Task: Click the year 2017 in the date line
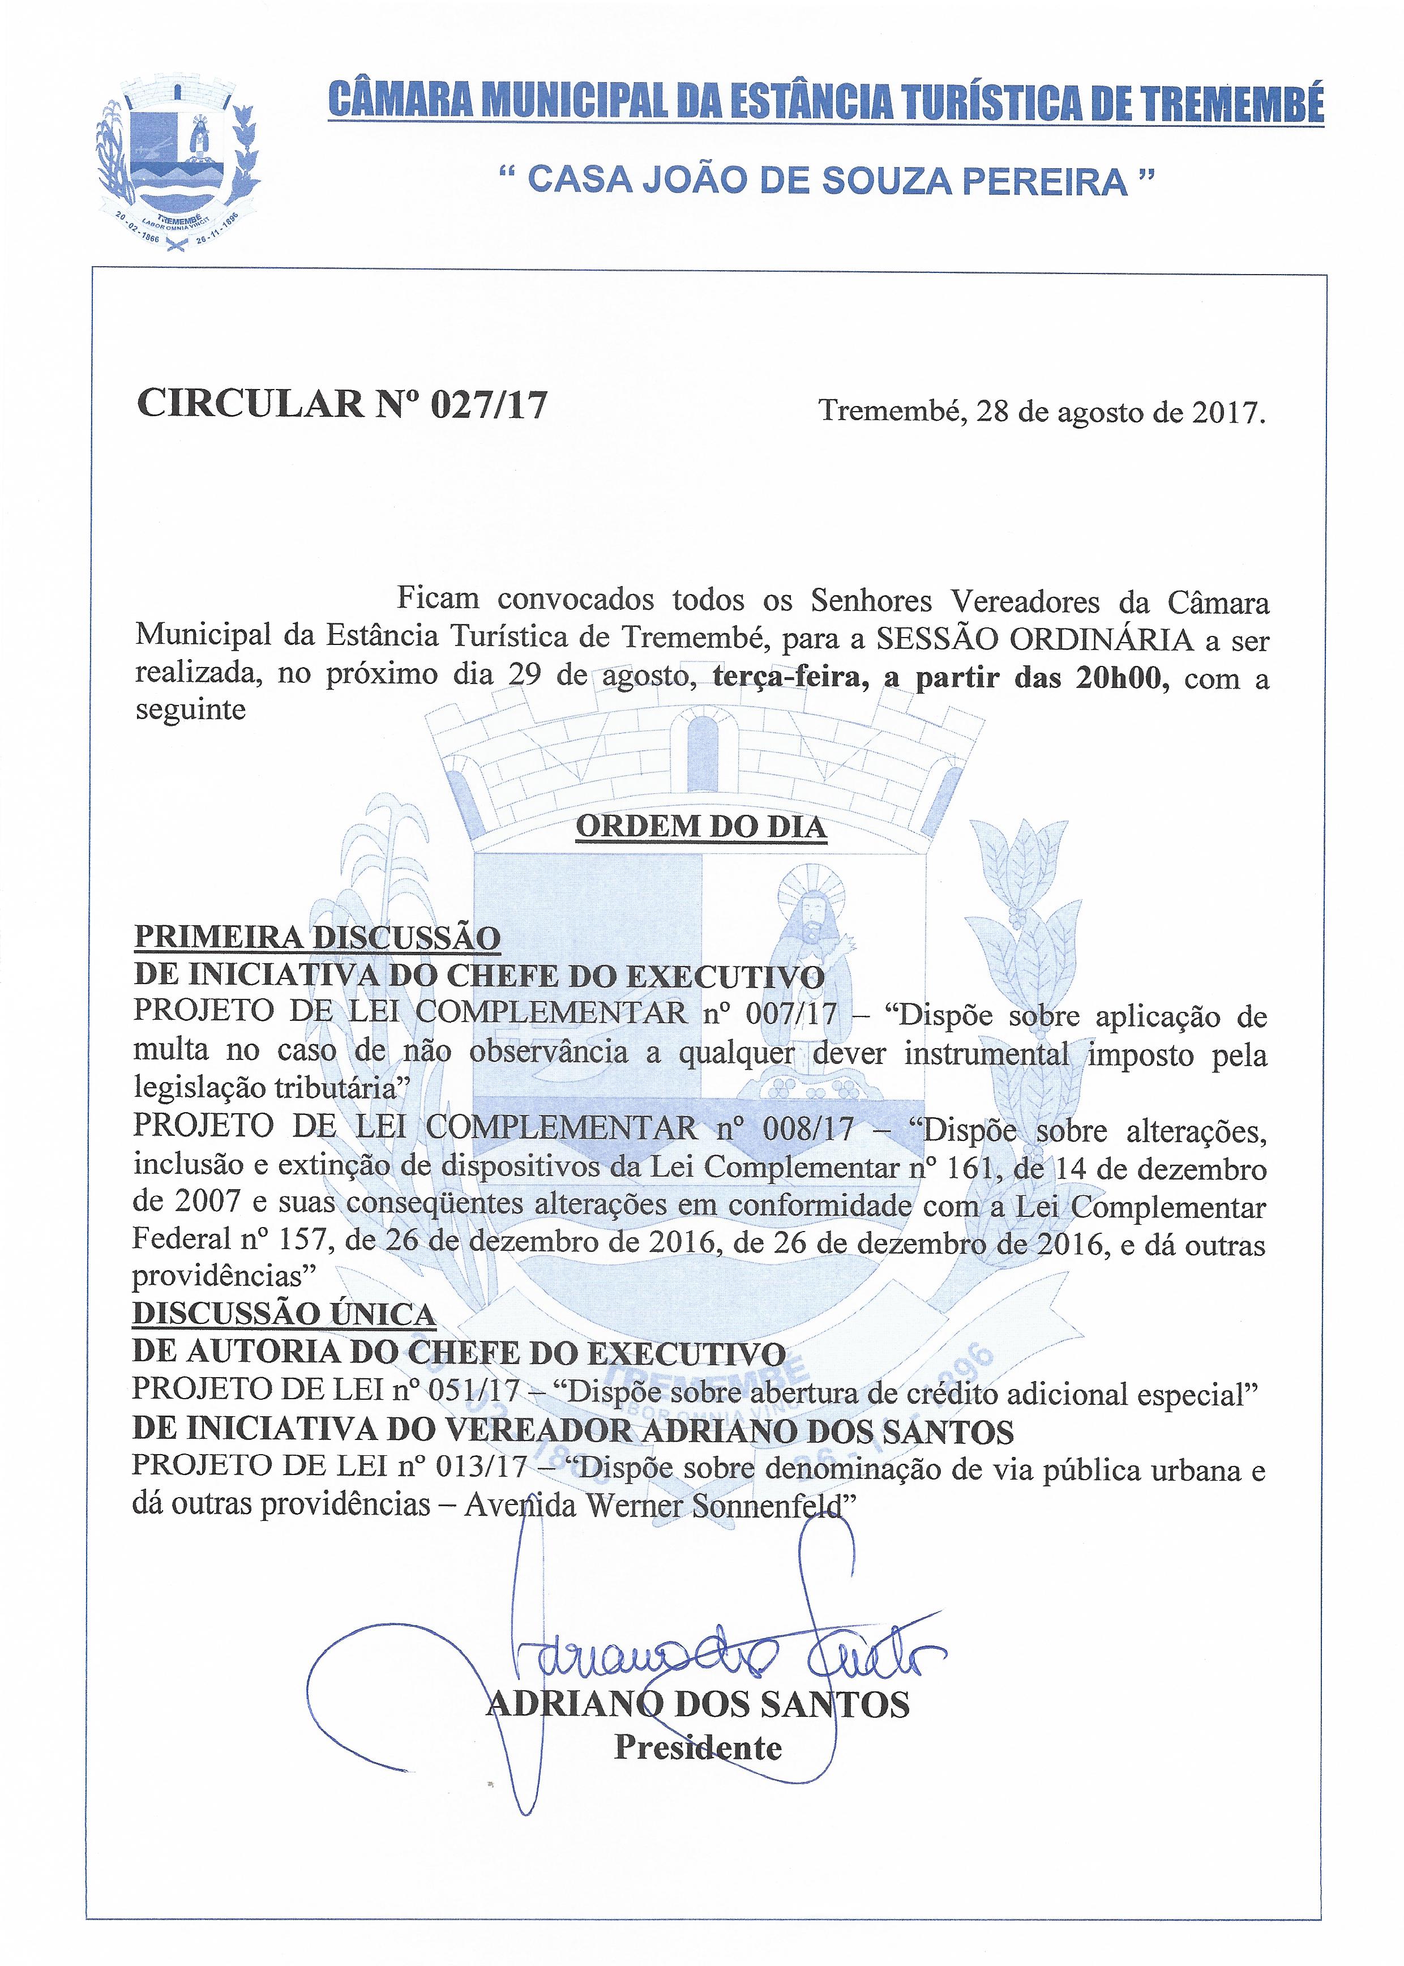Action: pyautogui.click(x=1227, y=412)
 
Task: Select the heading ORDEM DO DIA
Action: pyautogui.click(x=701, y=827)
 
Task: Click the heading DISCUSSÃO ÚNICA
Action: pyautogui.click(x=284, y=1315)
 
